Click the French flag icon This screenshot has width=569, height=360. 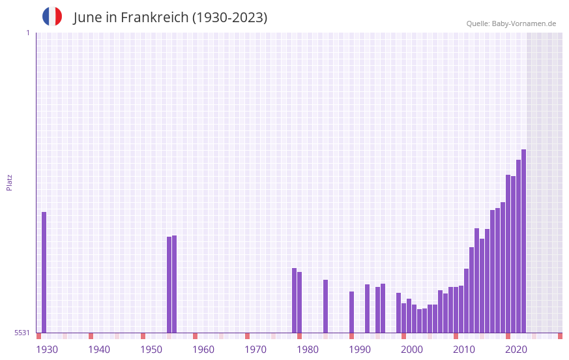pos(52,16)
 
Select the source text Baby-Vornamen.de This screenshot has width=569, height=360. pos(523,23)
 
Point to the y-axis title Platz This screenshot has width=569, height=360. pos(9,182)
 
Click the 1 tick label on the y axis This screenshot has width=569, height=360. pos(27,33)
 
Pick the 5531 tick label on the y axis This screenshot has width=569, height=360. pos(22,333)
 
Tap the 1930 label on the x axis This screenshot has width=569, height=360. pos(47,350)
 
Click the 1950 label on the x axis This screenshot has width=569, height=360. pos(151,350)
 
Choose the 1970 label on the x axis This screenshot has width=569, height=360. pos(255,350)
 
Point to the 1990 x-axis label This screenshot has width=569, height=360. pos(360,350)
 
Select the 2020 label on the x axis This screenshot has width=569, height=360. pos(516,350)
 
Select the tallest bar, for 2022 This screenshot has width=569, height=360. pos(523,241)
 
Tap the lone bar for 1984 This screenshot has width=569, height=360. pos(326,306)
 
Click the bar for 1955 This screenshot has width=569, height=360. pos(175,284)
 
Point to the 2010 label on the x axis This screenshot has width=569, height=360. pos(464,350)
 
